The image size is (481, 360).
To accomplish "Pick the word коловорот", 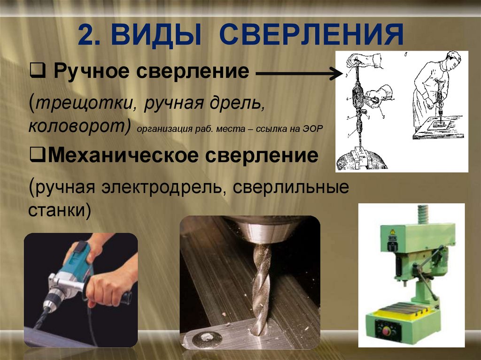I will (x=78, y=126).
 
